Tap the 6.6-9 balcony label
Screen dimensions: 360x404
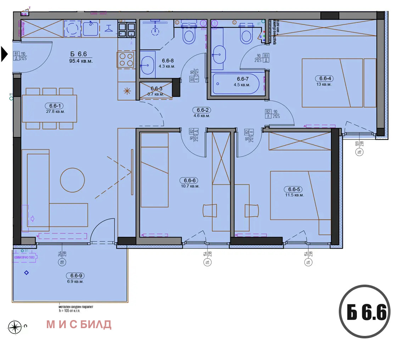tap(75, 276)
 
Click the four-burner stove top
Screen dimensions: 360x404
tap(126, 59)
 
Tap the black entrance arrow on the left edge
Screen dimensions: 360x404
tap(4, 54)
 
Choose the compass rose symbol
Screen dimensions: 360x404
tap(15, 327)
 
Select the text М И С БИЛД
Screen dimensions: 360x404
tap(79, 324)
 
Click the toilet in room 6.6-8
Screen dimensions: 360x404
tap(189, 35)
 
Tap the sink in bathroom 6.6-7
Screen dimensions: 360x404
tap(219, 55)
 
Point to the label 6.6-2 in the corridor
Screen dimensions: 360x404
tap(201, 110)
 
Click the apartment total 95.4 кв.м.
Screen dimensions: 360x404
tap(81, 61)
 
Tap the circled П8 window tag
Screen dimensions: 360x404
tap(62, 263)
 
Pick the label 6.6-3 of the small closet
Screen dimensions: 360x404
tap(156, 88)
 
